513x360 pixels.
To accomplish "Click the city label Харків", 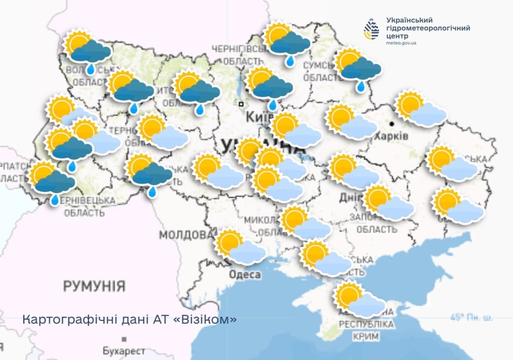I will (x=391, y=136).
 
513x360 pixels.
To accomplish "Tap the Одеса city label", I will (x=244, y=274).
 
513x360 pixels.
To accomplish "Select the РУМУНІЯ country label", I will (x=94, y=286).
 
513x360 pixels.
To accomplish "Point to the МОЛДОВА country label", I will (x=186, y=234).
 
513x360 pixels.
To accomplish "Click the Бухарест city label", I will (x=124, y=351).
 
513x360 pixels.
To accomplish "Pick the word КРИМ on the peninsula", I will (x=366, y=337).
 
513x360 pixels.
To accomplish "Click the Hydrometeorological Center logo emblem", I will (x=372, y=29).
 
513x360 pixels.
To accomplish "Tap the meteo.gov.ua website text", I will (x=401, y=43).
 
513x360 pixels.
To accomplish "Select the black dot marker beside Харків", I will (x=391, y=124).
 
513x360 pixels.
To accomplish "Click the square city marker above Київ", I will (x=241, y=104).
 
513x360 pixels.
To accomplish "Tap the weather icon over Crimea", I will (x=359, y=300).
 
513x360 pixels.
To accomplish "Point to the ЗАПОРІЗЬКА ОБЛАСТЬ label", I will (x=376, y=224).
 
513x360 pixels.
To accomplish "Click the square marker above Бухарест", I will (x=124, y=339).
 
